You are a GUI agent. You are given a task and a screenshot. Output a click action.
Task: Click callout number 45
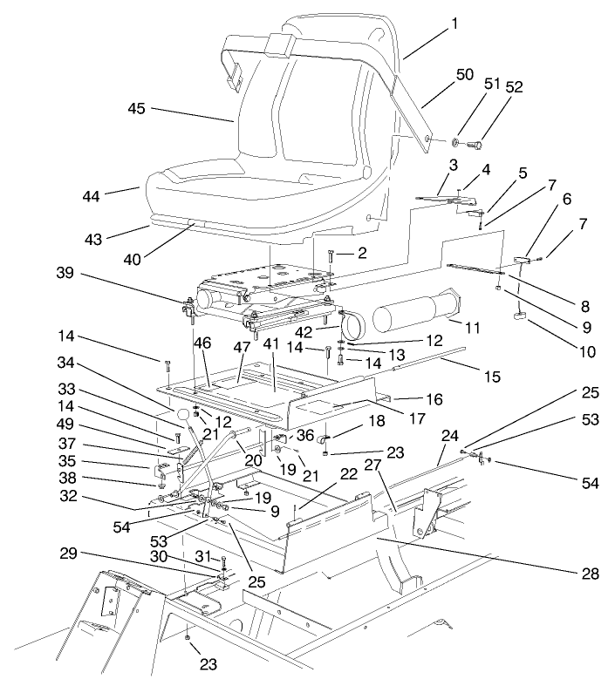[136, 109]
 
